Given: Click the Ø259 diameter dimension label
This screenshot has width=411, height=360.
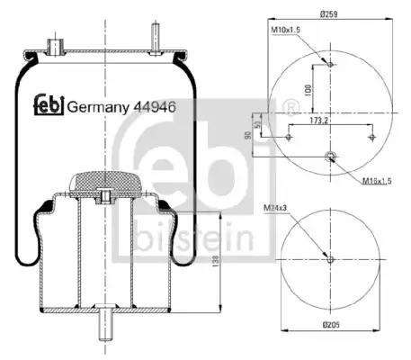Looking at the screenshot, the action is [329, 13].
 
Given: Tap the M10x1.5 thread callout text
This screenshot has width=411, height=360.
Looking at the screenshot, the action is [286, 30].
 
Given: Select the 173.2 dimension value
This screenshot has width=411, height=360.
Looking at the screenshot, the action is [319, 121].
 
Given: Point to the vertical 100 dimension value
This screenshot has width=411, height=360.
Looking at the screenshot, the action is [308, 90].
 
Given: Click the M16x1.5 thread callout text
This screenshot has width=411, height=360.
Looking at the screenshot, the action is [377, 181].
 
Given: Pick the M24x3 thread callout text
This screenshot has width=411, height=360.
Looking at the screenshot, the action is [275, 207].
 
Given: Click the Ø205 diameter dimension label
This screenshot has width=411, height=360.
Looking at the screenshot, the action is [331, 325].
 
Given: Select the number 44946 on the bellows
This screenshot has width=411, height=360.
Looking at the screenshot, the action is [155, 106].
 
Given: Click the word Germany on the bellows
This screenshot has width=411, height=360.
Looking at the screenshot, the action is [98, 107].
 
